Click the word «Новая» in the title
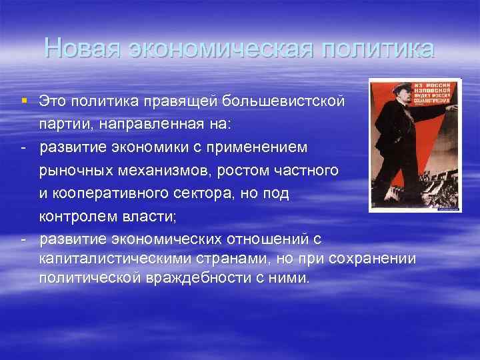click(x=82, y=49)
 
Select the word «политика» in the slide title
click(x=377, y=49)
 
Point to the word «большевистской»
click(x=291, y=102)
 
